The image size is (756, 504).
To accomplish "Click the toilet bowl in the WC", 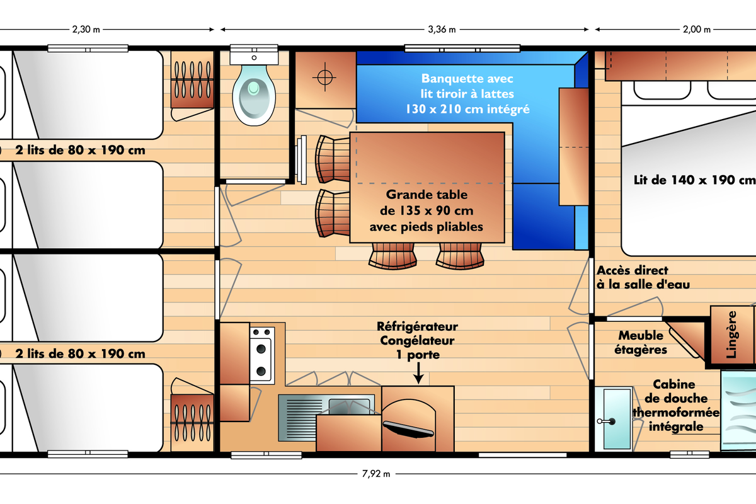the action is [254, 95].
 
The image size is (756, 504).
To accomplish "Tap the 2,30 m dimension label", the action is [86, 30].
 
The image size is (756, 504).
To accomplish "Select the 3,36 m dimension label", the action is [442, 30].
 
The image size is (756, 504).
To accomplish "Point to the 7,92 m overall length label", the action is [376, 474].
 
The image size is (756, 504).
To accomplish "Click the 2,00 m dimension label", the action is [697, 30].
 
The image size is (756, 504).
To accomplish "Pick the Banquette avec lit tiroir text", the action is [467, 94].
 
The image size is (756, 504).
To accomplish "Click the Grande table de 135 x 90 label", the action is [427, 210].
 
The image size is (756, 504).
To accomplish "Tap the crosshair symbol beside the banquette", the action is [324, 77].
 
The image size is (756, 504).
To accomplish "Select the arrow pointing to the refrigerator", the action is [418, 373].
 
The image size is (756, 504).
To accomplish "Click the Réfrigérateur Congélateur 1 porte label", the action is [417, 340].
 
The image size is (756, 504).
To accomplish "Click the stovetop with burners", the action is [262, 355].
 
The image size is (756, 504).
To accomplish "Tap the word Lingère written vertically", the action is [731, 334].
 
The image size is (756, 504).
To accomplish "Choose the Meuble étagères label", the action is [641, 343].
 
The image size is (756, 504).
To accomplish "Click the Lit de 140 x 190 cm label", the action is [694, 180].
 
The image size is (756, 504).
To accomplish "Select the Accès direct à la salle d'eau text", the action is [643, 277].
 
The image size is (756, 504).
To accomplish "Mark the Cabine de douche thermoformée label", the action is [675, 405].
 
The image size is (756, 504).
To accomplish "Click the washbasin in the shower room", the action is [614, 418].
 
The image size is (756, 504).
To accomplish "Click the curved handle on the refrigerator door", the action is [408, 429].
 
